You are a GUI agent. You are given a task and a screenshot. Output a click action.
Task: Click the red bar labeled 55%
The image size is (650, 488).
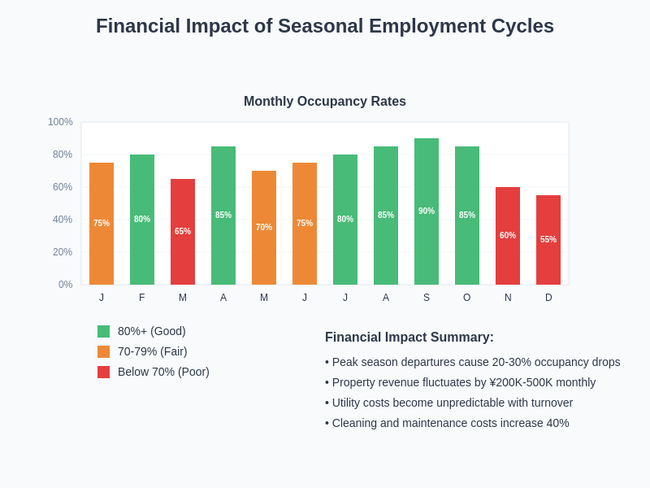(x=548, y=240)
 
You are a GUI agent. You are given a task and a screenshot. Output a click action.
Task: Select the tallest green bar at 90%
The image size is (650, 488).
(x=427, y=211)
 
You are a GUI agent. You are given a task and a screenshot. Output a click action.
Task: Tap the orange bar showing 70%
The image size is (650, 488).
(x=264, y=228)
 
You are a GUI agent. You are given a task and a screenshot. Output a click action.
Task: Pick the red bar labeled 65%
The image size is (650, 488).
(x=183, y=232)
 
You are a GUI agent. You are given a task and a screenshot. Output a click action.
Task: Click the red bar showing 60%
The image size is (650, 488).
(x=508, y=236)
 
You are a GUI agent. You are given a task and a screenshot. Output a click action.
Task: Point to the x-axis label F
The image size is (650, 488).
(x=142, y=298)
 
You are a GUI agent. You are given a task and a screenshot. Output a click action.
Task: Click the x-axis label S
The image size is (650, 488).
(x=427, y=298)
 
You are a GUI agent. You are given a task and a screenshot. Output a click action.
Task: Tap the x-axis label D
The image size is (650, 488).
(x=548, y=298)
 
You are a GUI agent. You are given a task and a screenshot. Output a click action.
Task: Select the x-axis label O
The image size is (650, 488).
(x=467, y=298)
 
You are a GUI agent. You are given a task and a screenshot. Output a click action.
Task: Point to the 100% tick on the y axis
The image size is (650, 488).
(x=60, y=122)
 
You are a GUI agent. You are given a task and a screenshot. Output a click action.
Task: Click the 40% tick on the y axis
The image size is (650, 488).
(x=63, y=220)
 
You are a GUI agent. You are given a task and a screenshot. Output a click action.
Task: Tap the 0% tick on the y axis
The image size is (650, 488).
(x=65, y=285)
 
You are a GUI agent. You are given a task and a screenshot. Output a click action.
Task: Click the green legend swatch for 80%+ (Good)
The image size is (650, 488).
(x=103, y=331)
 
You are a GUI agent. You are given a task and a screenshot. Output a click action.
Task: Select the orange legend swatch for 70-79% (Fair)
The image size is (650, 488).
(x=103, y=351)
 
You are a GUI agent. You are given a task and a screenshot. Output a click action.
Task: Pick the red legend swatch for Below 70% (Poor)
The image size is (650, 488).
(x=103, y=372)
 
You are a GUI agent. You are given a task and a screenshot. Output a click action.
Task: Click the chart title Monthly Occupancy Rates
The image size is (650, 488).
(x=325, y=102)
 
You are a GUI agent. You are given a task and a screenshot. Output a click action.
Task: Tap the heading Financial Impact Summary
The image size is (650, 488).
(x=409, y=338)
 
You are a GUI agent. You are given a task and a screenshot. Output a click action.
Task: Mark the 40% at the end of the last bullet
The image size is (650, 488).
(x=557, y=423)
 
